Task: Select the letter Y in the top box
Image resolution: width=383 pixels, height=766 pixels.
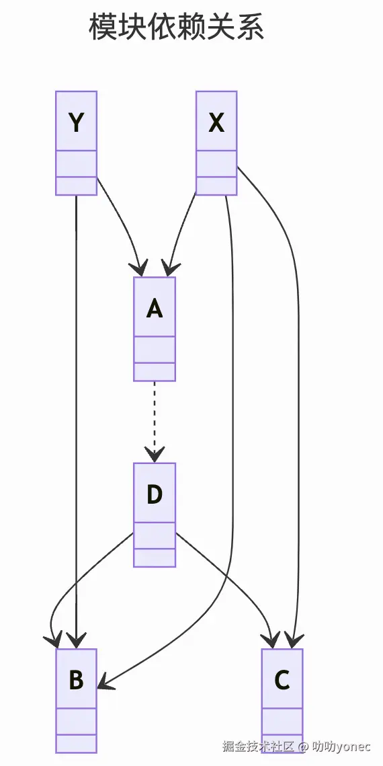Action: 77,122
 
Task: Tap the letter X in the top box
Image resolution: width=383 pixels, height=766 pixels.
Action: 216,122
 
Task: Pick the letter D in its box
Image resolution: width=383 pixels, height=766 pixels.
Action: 155,494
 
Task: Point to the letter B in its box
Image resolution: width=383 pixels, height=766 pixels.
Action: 77,680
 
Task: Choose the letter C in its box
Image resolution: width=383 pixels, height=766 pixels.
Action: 282,680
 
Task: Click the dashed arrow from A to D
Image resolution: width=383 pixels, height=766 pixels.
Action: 155,417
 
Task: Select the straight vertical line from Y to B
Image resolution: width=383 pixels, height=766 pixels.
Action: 77,404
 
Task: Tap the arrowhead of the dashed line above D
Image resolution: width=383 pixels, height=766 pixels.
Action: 155,456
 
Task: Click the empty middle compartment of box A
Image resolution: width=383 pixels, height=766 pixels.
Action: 155,350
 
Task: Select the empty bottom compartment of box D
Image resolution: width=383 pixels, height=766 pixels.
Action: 155,558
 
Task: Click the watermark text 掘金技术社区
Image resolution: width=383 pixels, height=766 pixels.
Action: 259,746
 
